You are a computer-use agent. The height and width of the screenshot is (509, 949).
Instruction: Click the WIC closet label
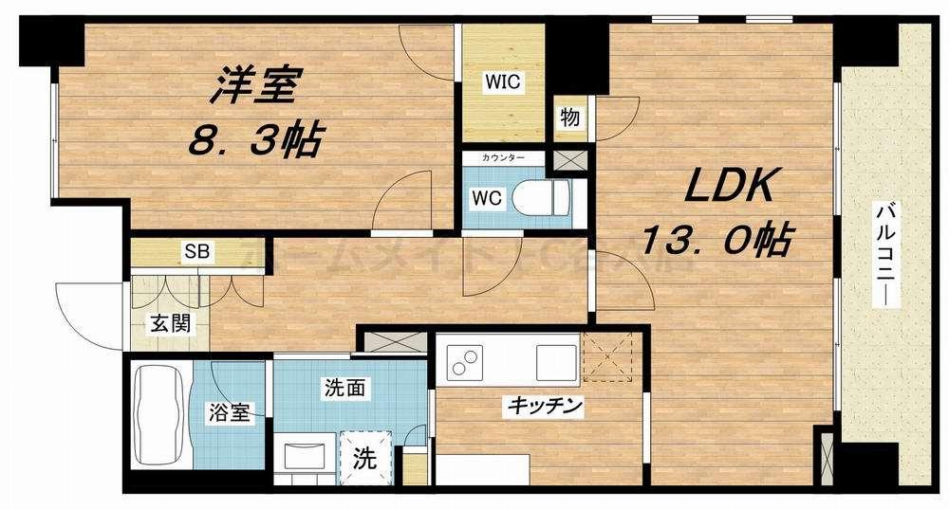click(x=503, y=82)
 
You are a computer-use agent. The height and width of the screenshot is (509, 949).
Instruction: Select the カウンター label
click(x=503, y=156)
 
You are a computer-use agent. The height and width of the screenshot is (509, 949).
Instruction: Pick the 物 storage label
click(x=569, y=118)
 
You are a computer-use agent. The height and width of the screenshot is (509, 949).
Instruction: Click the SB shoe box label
click(x=197, y=252)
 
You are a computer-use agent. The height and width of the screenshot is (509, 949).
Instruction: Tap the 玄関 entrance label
click(x=169, y=322)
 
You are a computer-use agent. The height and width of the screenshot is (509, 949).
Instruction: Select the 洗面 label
click(x=343, y=388)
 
